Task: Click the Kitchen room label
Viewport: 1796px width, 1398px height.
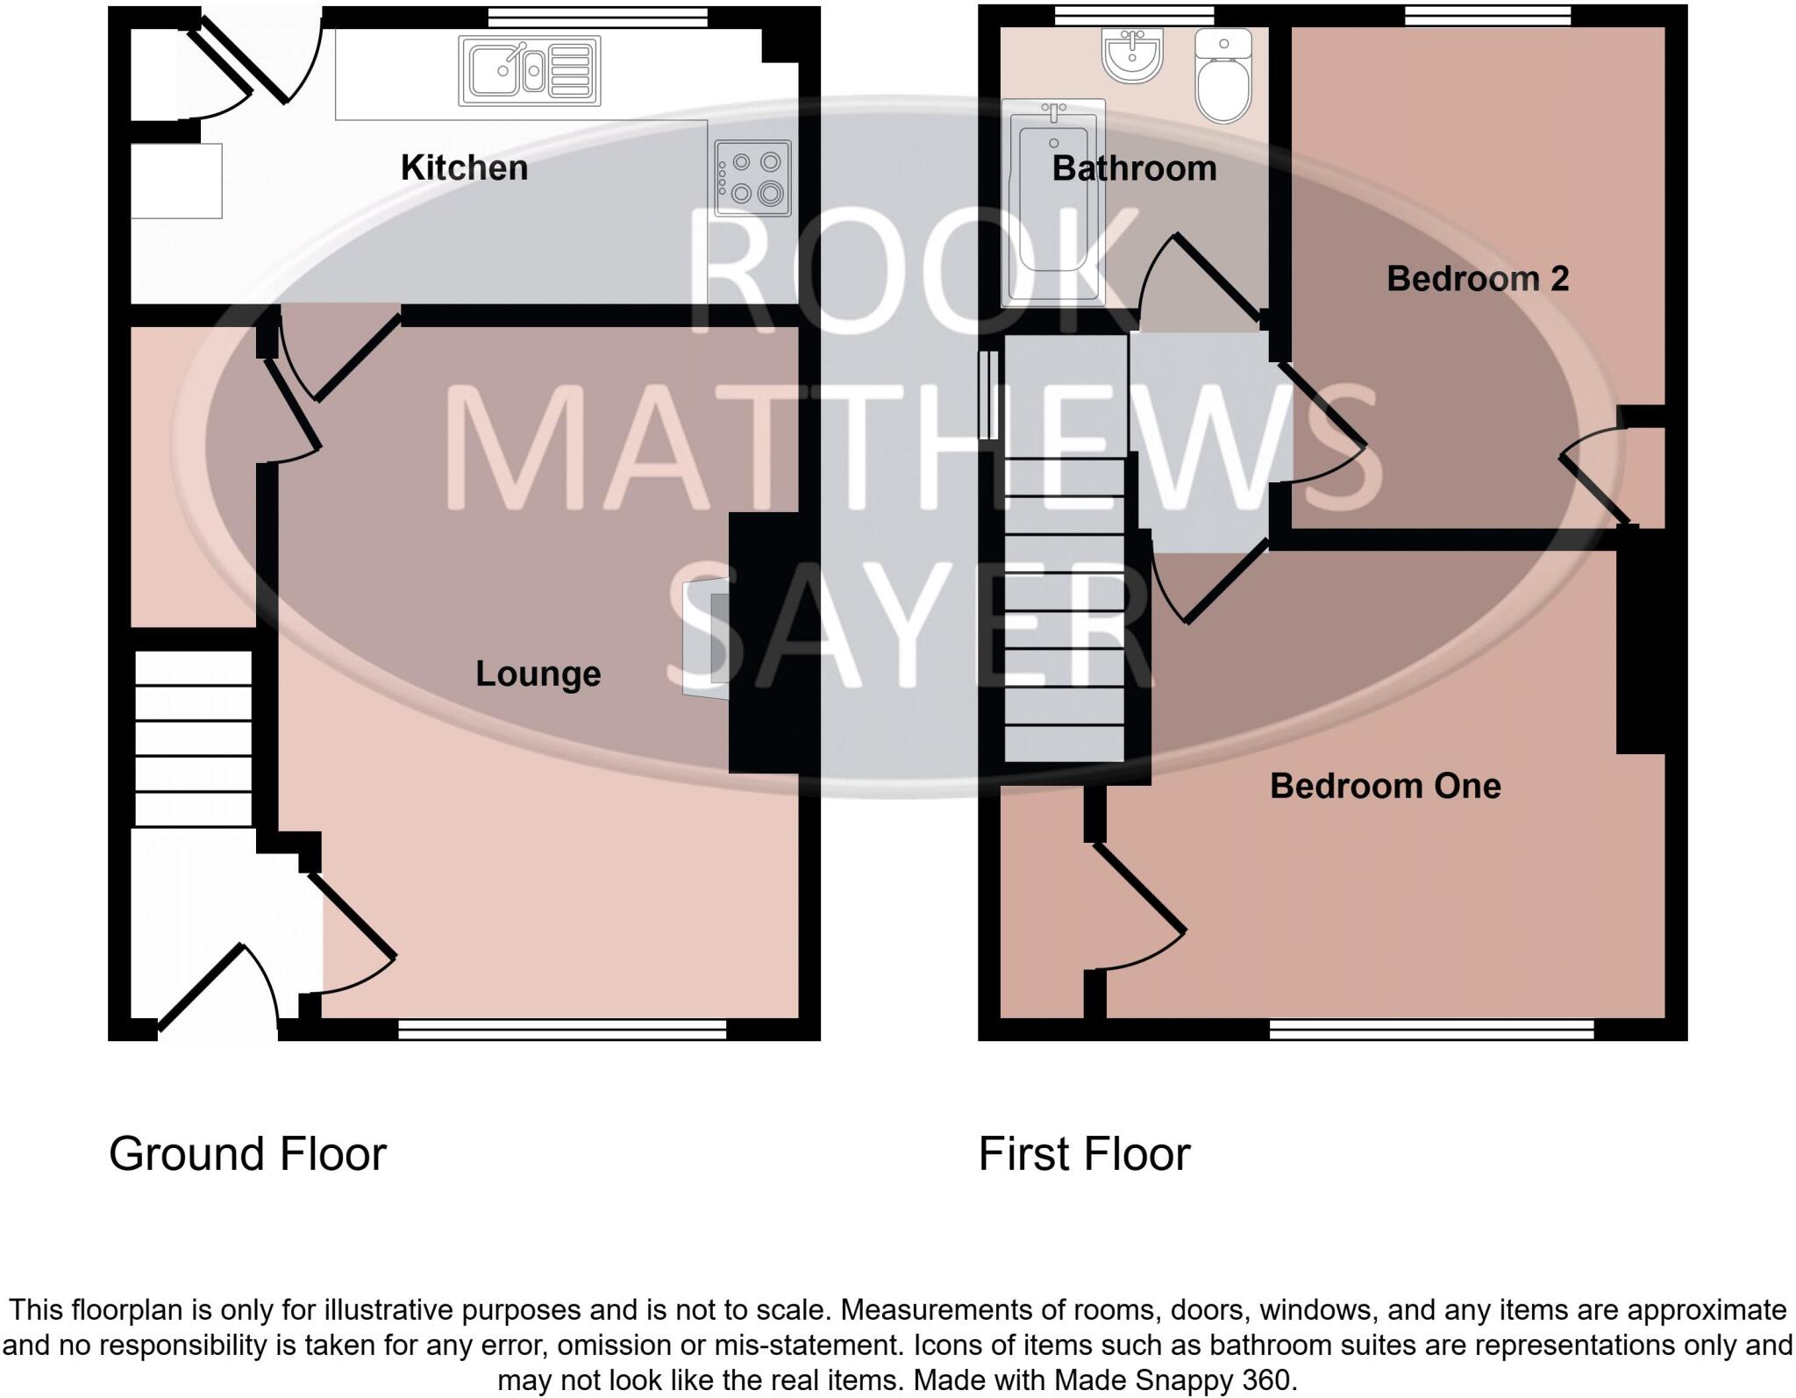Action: point(464,168)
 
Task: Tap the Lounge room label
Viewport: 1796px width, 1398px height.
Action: point(538,674)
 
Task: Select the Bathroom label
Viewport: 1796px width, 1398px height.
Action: point(1134,168)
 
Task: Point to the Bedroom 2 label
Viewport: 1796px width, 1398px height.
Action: point(1478,279)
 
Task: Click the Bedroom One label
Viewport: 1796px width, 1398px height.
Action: point(1385,786)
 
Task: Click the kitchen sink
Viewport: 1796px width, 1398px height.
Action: point(530,70)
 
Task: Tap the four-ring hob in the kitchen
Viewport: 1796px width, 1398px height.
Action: point(752,178)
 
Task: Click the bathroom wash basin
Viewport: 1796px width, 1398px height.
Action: point(1133,54)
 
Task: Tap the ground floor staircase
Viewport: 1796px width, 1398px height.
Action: point(193,737)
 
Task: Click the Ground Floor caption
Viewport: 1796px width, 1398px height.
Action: point(247,1154)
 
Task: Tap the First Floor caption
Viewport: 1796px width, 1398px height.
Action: point(1084,1154)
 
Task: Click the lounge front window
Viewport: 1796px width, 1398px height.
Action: point(562,1029)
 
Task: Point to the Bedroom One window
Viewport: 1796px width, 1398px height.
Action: point(1431,1029)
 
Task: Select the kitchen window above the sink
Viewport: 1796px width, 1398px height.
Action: point(598,16)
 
